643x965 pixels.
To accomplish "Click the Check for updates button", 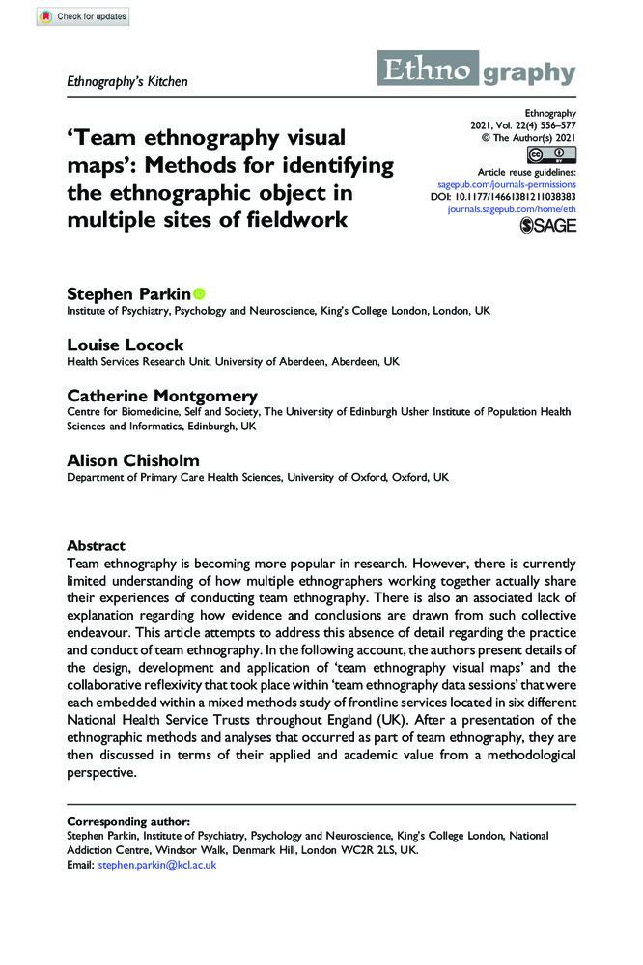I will (81, 17).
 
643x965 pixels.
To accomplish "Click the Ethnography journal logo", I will (480, 70).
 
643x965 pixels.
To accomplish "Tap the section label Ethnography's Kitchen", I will (126, 81).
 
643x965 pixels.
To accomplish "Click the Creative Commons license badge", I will (550, 155).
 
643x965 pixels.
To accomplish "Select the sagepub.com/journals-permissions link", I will (507, 183).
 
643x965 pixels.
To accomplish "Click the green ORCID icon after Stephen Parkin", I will (200, 292).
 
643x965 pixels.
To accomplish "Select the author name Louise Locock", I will (125, 345).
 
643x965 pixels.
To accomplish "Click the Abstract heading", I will (96, 545).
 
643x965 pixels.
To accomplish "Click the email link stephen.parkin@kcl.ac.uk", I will (157, 866).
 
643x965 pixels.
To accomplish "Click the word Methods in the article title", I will (330, 165).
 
